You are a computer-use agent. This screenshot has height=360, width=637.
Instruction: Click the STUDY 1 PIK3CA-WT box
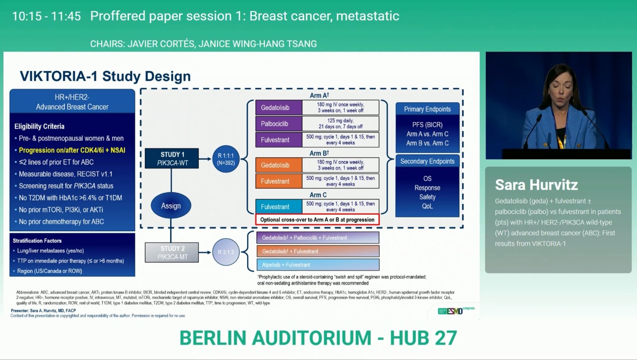tap(172, 159)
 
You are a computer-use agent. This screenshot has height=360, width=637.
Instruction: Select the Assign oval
tap(171, 206)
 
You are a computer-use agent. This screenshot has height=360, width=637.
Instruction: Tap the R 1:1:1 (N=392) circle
tap(226, 159)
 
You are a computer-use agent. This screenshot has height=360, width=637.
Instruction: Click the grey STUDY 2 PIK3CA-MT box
tap(172, 252)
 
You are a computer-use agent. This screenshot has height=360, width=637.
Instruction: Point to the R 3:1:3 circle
tap(226, 252)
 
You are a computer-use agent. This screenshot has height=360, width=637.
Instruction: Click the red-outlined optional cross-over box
tap(317, 220)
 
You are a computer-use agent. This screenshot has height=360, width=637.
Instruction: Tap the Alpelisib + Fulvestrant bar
tap(318, 265)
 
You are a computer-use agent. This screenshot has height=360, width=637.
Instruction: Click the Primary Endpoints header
tap(427, 109)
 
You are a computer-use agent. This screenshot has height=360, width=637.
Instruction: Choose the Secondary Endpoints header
tap(427, 161)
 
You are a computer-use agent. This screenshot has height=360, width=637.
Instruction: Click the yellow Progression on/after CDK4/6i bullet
tap(72, 150)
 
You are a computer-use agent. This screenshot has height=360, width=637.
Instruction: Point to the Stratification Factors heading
tap(37, 241)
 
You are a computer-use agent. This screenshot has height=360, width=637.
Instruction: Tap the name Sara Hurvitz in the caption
tap(536, 185)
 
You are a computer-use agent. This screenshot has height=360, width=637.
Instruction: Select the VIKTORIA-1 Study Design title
tap(105, 76)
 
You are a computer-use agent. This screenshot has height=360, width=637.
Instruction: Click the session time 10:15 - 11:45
tap(46, 16)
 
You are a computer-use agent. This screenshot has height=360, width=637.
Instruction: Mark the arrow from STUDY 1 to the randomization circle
tap(205, 159)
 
